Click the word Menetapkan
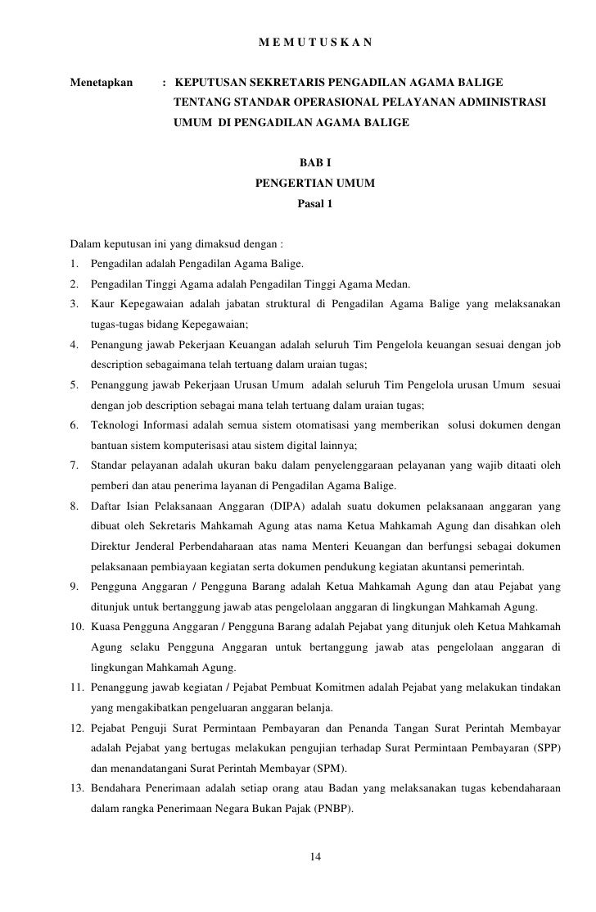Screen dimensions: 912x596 102,83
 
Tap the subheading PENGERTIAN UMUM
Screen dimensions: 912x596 315,184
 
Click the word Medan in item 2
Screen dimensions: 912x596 391,285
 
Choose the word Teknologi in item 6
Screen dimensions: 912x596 115,426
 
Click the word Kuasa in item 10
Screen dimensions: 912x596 107,627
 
